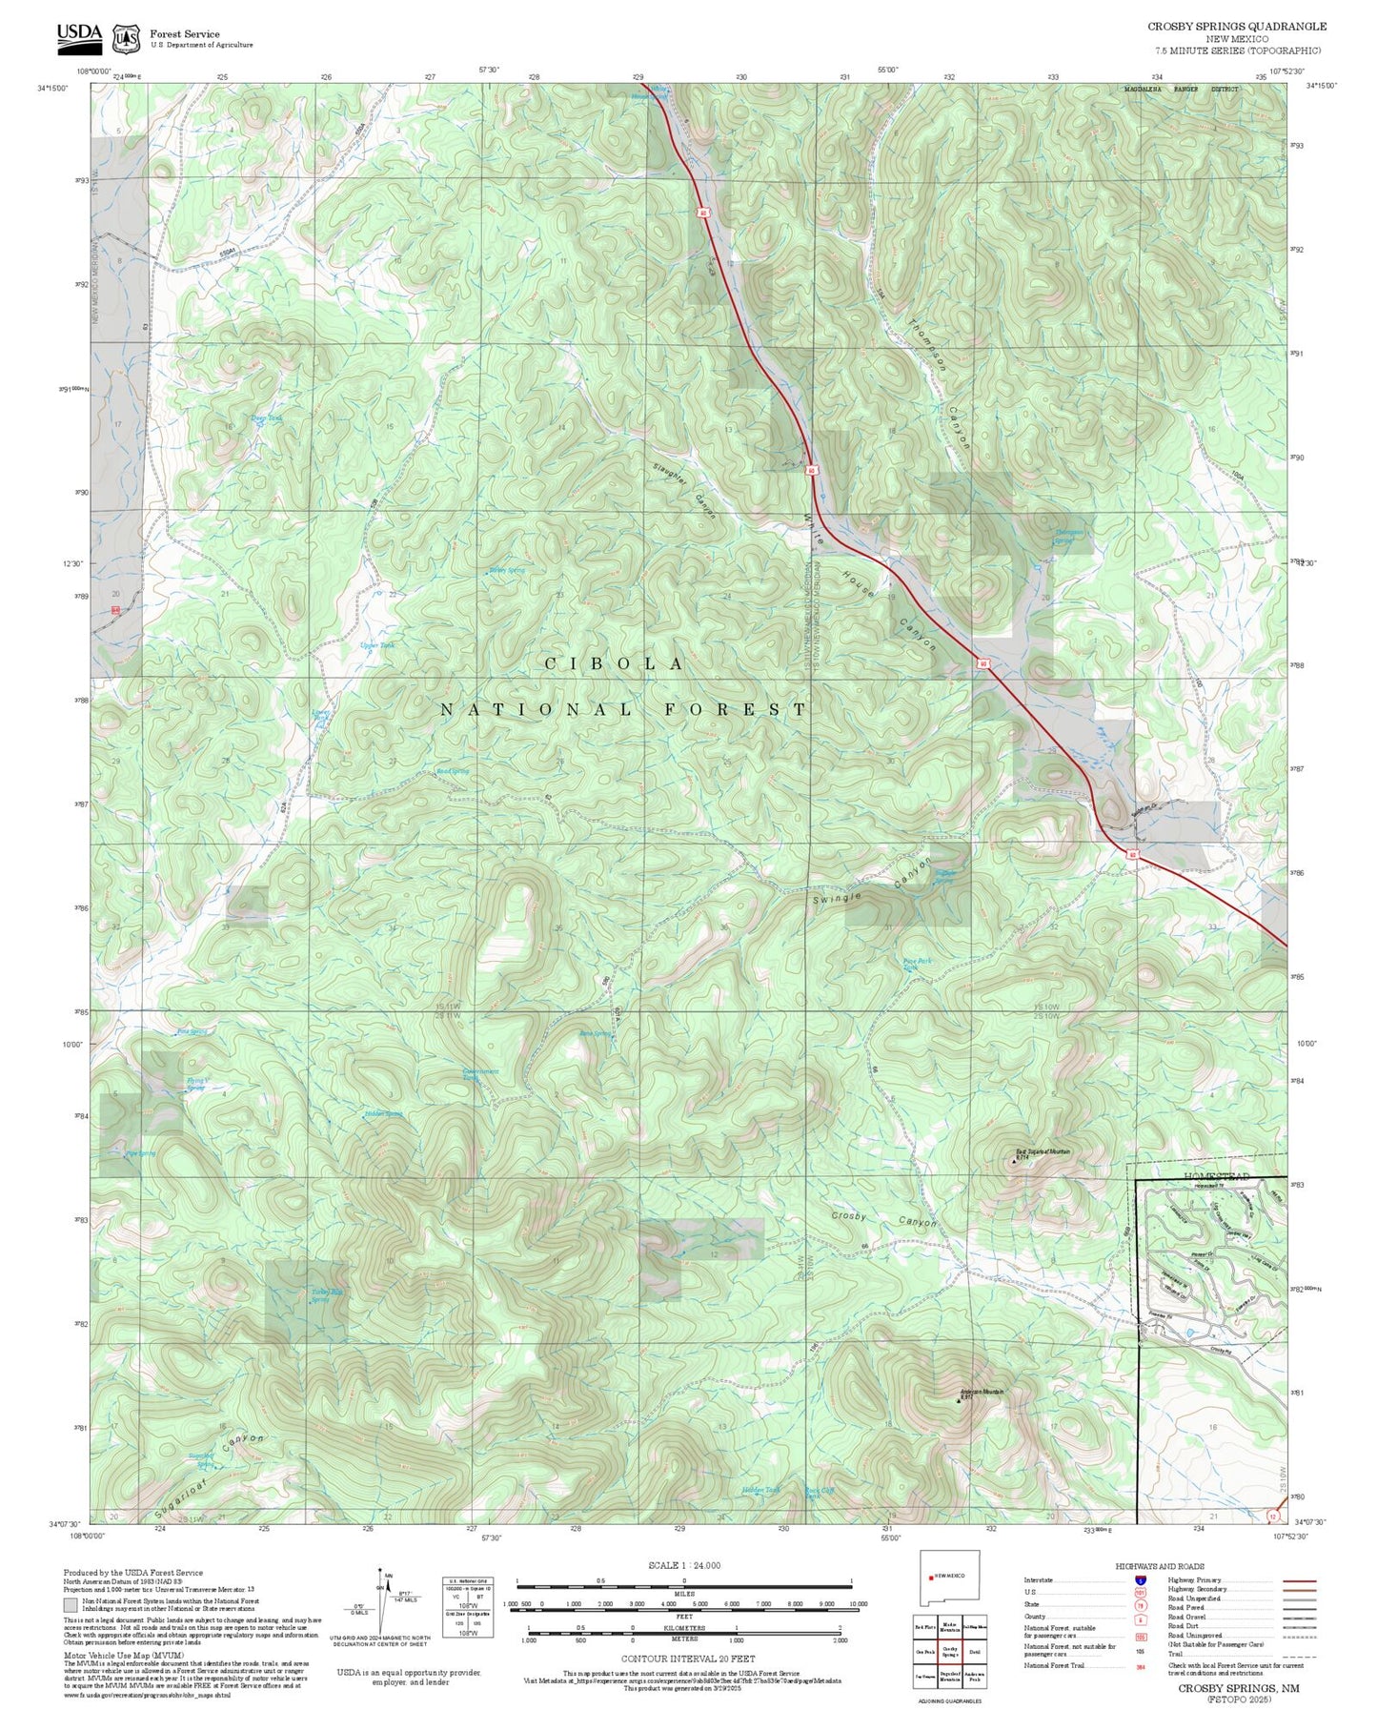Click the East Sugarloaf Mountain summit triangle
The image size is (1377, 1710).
point(1013,1162)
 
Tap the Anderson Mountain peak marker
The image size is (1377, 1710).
point(959,1401)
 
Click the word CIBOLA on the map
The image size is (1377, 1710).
point(614,663)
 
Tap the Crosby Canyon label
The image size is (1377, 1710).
point(883,1219)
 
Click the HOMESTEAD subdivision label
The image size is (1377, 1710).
point(1217,1177)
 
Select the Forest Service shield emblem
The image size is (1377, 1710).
point(125,38)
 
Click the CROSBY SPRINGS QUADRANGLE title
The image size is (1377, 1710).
point(1236,26)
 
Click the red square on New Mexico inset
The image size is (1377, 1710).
point(931,1577)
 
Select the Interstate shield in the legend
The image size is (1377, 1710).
point(1140,1580)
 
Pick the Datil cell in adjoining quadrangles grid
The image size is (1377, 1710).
point(974,1653)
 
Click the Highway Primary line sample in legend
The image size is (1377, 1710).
point(1299,1580)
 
